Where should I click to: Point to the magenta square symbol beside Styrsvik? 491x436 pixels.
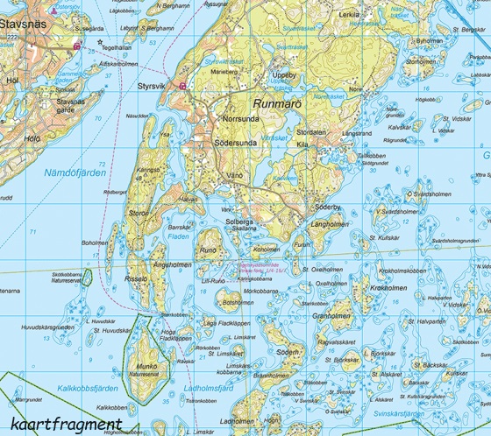click(x=182, y=86)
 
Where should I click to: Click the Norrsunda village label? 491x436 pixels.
click(x=242, y=116)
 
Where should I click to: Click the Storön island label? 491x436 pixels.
click(x=140, y=212)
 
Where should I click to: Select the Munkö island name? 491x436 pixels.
click(x=144, y=366)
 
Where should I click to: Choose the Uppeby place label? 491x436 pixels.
click(x=286, y=76)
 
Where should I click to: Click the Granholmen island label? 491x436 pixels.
click(x=331, y=315)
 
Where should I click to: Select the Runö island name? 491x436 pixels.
click(x=208, y=250)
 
